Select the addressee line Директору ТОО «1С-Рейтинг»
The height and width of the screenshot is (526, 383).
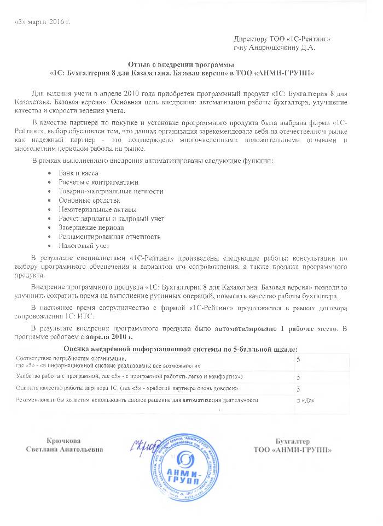click(282, 39)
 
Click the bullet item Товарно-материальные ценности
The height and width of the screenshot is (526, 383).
click(111, 191)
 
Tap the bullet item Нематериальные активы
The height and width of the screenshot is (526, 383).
click(97, 210)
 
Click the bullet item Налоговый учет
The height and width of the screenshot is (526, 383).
click(84, 246)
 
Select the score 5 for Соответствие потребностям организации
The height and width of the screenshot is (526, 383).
click(298, 359)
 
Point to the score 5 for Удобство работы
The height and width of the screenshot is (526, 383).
click(298, 377)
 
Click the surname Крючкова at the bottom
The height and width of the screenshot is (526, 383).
click(65, 441)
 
